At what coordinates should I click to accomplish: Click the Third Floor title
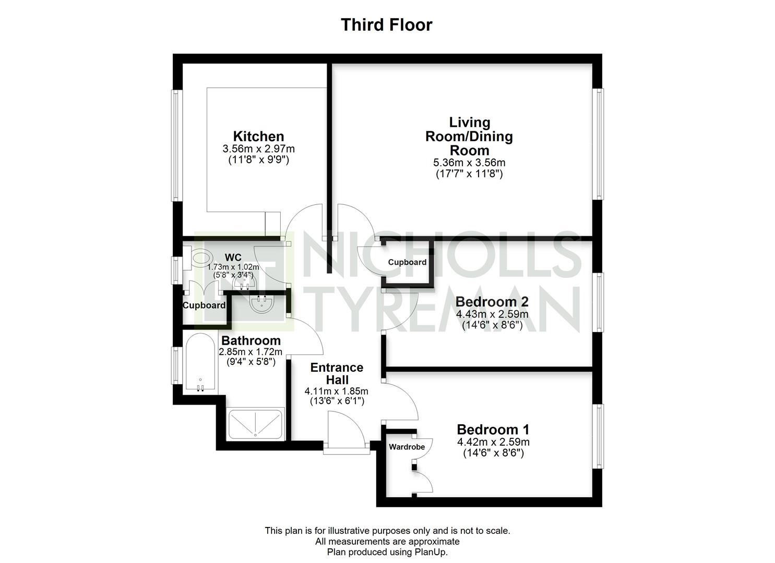click(x=387, y=25)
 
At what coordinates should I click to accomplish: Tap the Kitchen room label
click(x=258, y=136)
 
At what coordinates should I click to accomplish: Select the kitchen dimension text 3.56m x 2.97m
click(x=258, y=149)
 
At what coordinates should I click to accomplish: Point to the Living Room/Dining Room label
click(x=469, y=136)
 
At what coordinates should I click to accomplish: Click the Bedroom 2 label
click(x=492, y=301)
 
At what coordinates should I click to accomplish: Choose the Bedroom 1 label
click(x=493, y=429)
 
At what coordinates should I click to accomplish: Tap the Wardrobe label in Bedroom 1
click(x=407, y=447)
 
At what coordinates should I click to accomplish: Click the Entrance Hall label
click(x=337, y=374)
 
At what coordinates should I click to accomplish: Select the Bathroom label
click(x=251, y=340)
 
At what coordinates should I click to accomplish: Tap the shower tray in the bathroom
click(x=255, y=424)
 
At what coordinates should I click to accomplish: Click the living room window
click(x=598, y=144)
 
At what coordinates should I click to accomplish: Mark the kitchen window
click(x=177, y=145)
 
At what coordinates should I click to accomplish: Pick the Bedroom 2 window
click(x=598, y=302)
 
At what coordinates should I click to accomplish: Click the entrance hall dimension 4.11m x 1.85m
click(x=336, y=391)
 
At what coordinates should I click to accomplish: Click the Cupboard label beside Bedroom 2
click(x=407, y=262)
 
